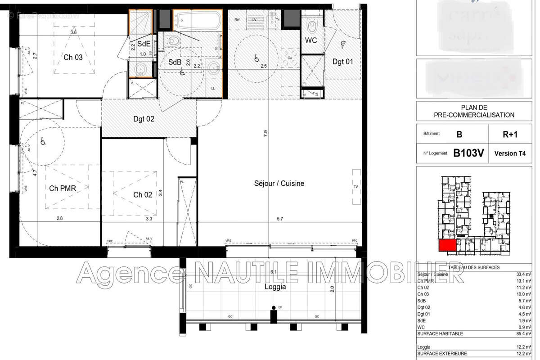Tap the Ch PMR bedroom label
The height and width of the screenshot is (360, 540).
click(63, 189)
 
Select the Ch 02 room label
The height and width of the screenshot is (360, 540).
click(143, 195)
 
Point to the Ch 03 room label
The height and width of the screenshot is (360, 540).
click(73, 57)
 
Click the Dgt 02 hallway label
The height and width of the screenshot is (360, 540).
click(144, 119)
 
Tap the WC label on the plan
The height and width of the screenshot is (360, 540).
click(311, 40)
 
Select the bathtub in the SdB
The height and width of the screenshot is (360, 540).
click(198, 20)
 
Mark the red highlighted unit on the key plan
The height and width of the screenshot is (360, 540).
click(447, 246)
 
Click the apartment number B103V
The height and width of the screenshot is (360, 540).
click(468, 153)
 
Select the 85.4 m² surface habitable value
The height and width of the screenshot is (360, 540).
click(525, 333)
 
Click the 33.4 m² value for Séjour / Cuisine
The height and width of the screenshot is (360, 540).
click(525, 274)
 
